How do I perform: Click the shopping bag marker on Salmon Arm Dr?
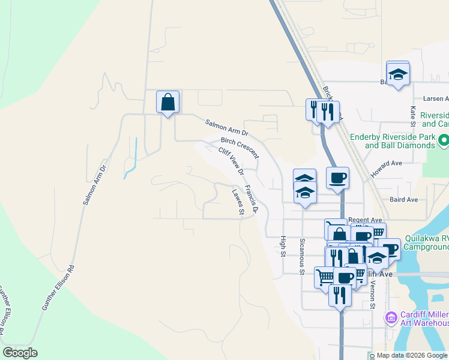point(167,102)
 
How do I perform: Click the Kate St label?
point(413,116)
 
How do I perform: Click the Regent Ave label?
point(365,220)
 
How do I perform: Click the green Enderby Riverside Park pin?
point(444,141)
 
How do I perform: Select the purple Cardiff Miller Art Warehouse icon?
point(391,317)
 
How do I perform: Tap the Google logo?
point(20,353)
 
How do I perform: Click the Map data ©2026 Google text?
point(411,356)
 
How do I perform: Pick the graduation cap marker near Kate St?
point(398,74)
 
